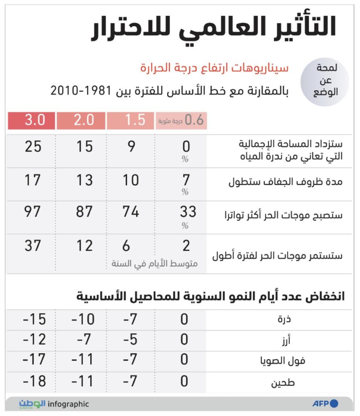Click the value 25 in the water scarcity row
(x=33, y=147)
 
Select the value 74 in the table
(x=130, y=212)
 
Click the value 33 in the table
(x=188, y=212)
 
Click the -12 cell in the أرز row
(x=34, y=340)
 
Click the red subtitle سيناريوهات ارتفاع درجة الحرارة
(x=214, y=68)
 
